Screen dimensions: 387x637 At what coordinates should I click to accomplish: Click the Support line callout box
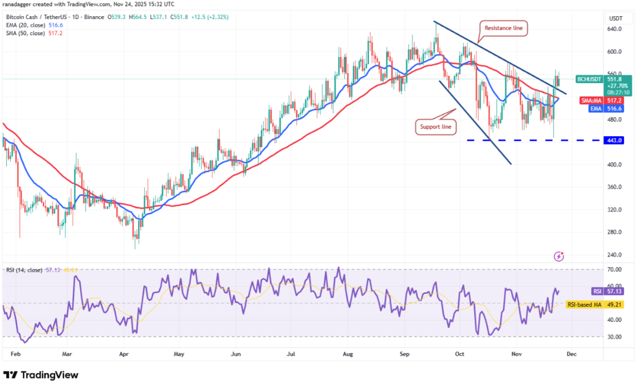pos(436,127)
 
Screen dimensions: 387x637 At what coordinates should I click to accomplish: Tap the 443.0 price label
pos(615,140)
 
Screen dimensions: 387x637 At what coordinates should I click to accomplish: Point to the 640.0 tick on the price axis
pos(615,29)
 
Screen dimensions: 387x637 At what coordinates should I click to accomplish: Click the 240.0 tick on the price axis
pos(615,255)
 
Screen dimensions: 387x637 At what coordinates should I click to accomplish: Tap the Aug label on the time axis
pos(348,354)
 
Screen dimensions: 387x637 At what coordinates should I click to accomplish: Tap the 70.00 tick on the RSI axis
pos(615,269)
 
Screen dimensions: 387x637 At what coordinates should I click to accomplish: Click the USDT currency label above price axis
pos(615,18)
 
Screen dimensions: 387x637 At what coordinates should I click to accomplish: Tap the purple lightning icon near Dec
pos(559,256)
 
